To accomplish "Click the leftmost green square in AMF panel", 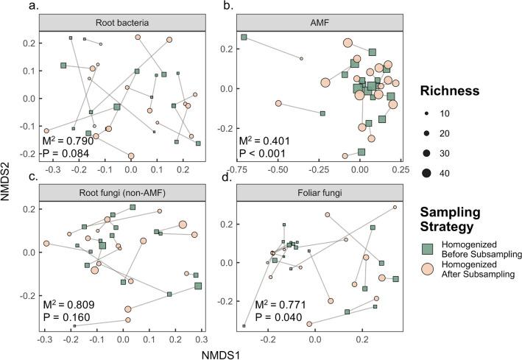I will [x=244, y=37].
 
